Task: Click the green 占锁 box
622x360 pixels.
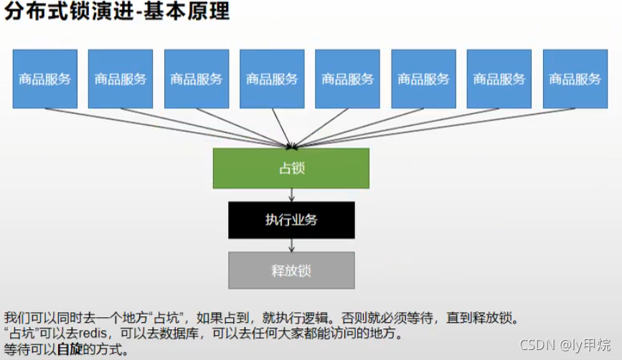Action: click(x=291, y=169)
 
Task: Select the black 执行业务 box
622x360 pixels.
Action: click(x=291, y=220)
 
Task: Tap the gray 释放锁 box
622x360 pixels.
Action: click(x=291, y=271)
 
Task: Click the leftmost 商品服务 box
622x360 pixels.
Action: click(x=44, y=79)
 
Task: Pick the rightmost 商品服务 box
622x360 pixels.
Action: click(x=575, y=79)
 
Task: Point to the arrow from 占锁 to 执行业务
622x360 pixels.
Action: click(x=291, y=194)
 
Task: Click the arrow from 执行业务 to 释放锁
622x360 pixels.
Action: click(x=291, y=245)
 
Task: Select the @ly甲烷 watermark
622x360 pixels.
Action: click(x=585, y=346)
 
